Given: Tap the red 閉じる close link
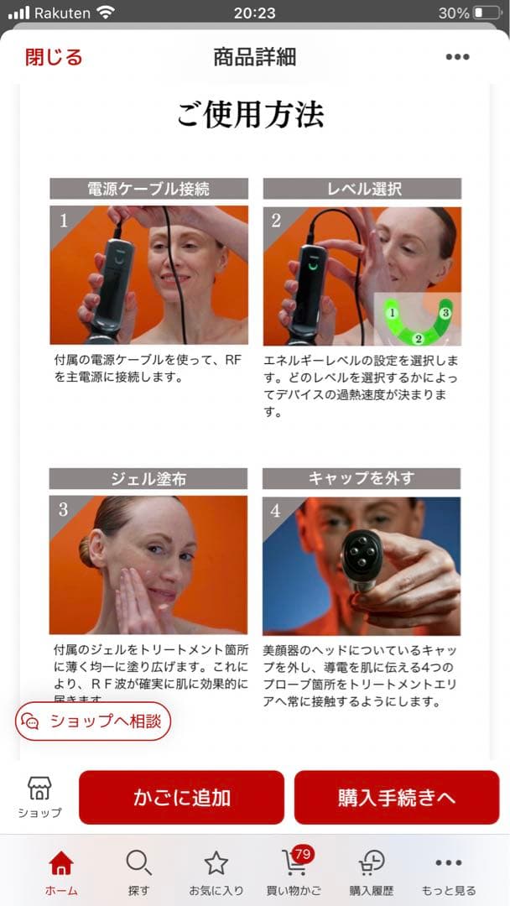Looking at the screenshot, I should pyautogui.click(x=54, y=57).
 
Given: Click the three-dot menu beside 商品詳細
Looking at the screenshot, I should pyautogui.click(x=457, y=57).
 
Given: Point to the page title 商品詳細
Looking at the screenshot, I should pyautogui.click(x=254, y=57).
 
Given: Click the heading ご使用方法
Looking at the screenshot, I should pyautogui.click(x=250, y=114).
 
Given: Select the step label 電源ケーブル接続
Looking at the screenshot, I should pyautogui.click(x=148, y=189).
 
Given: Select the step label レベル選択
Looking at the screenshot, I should pyautogui.click(x=362, y=189).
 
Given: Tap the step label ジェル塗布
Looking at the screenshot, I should pyautogui.click(x=148, y=479).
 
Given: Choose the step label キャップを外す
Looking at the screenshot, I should pyautogui.click(x=362, y=478).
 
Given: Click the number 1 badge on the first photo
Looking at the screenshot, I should pyautogui.click(x=63, y=221).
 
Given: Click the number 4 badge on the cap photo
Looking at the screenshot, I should pyautogui.click(x=276, y=510).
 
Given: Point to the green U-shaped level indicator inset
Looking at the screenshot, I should pyautogui.click(x=417, y=320).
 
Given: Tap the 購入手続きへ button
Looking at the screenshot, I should pyautogui.click(x=396, y=797).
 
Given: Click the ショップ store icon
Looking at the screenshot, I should pyautogui.click(x=39, y=789).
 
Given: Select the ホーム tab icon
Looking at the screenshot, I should pyautogui.click(x=61, y=863).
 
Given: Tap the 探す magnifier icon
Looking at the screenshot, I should pyautogui.click(x=138, y=863).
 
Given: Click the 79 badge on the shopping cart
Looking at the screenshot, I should pyautogui.click(x=303, y=854).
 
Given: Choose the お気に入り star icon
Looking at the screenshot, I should pyautogui.click(x=216, y=863).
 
